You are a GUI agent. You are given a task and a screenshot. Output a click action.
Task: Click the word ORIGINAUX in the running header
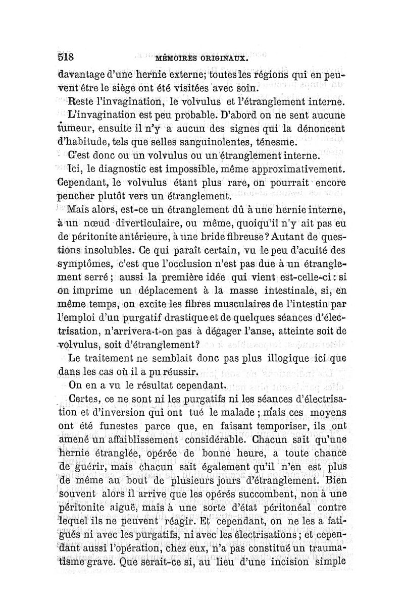coord(225,58)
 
